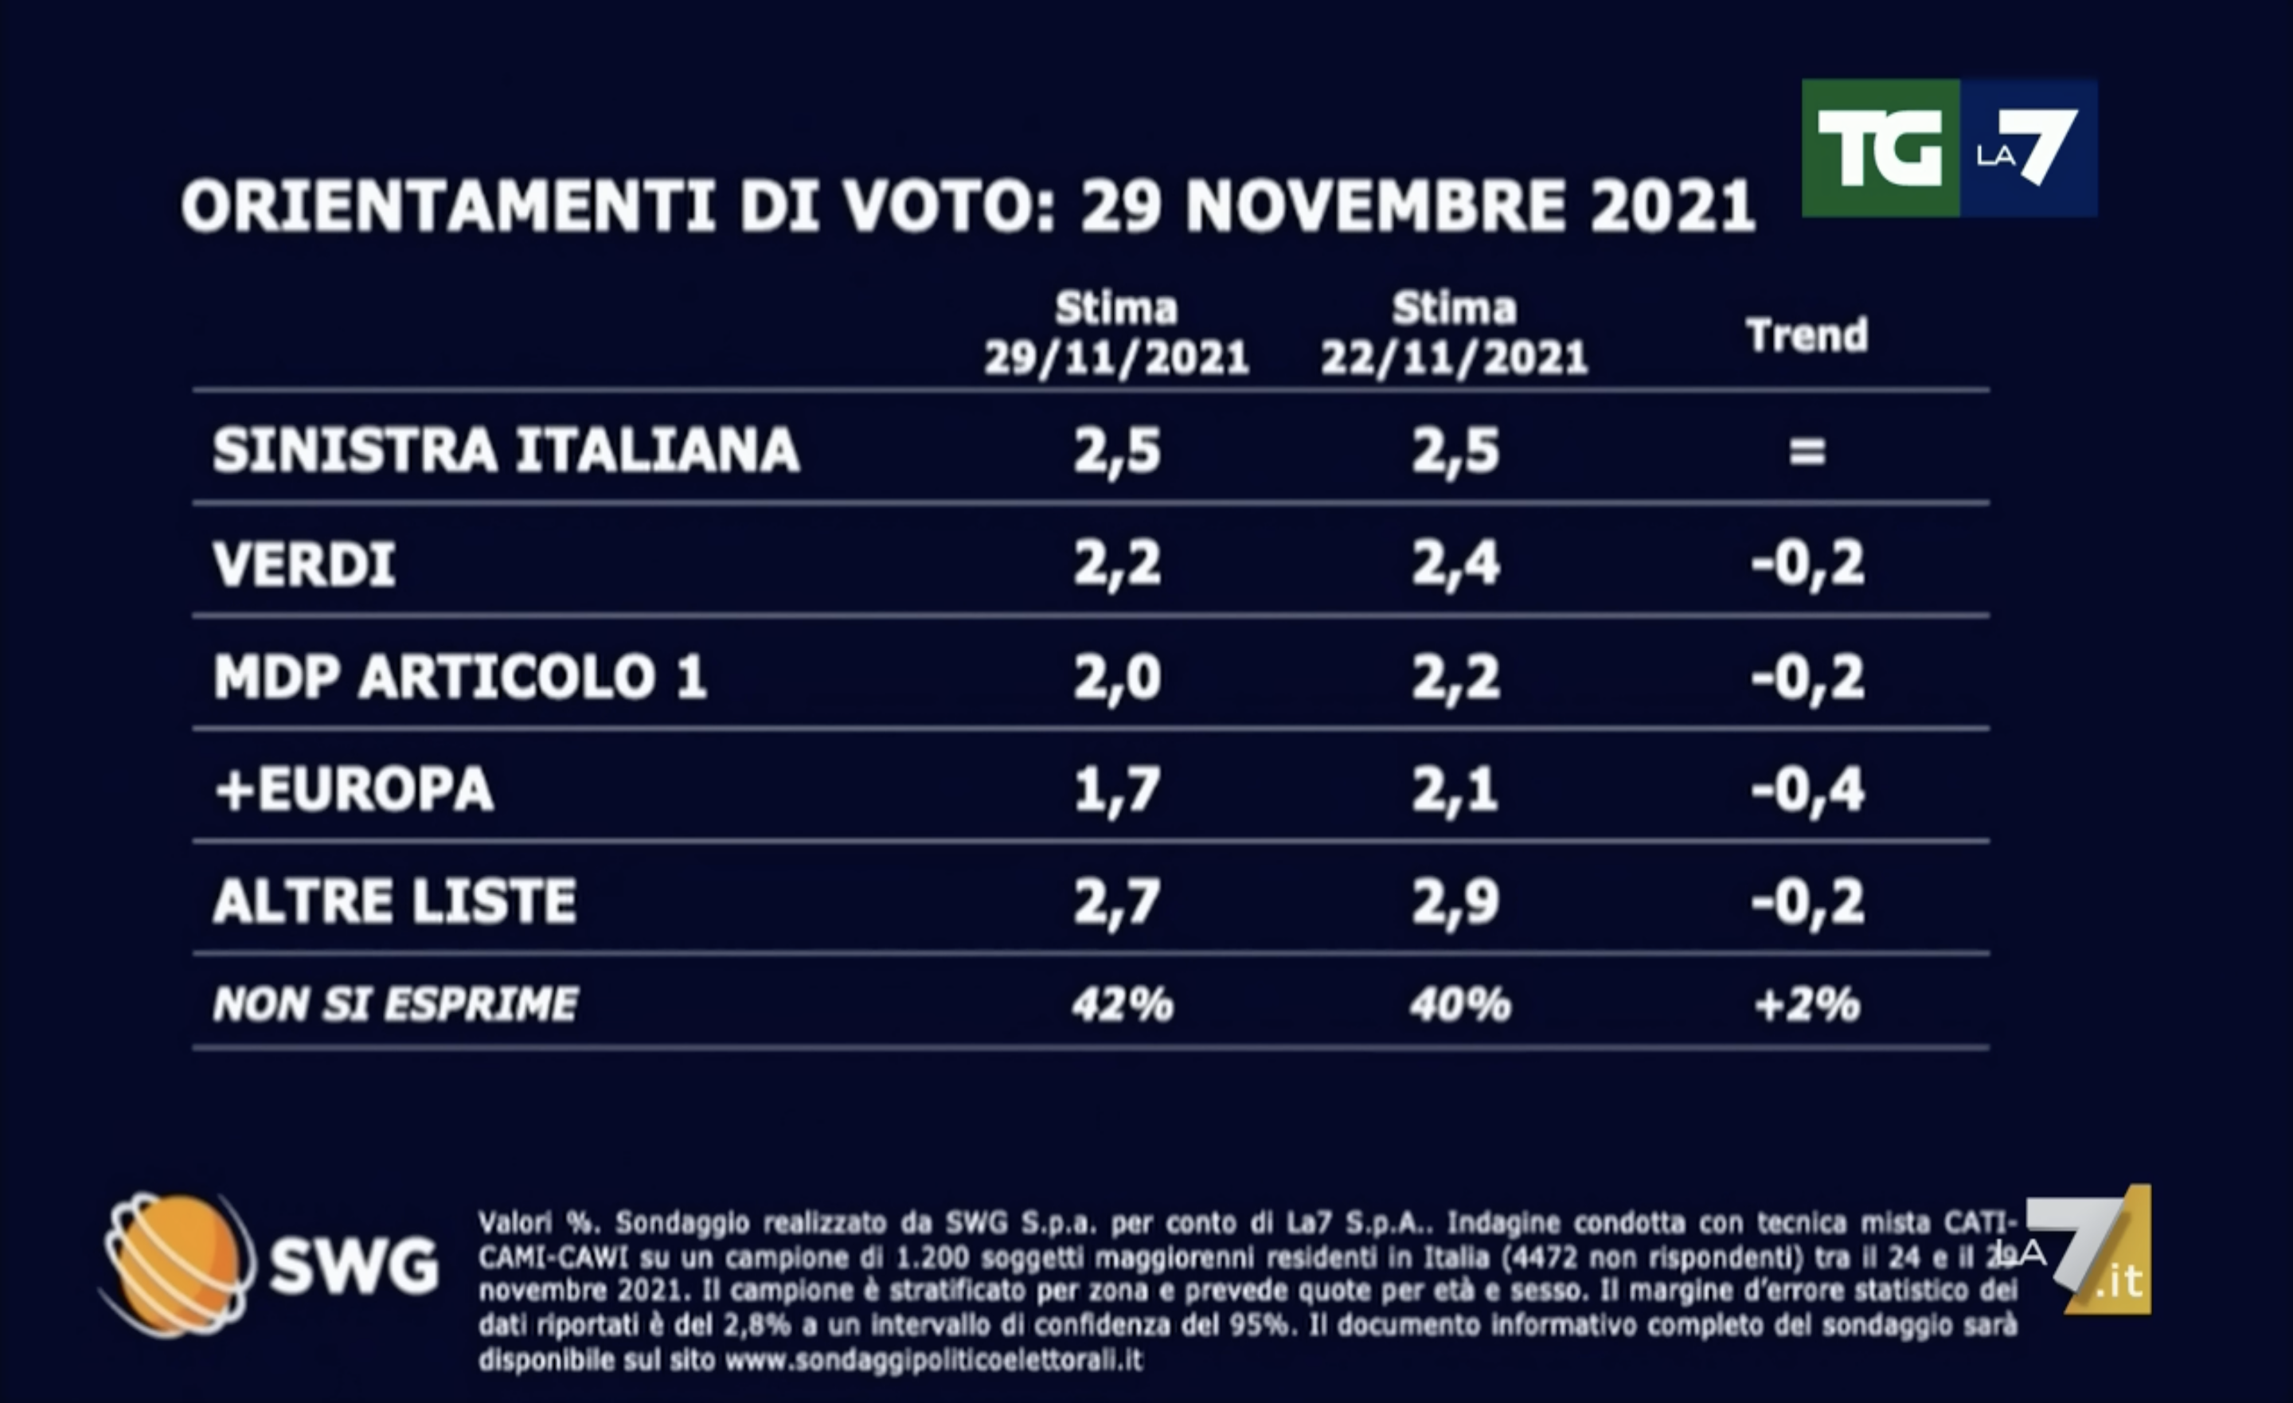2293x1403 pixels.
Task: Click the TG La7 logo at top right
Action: [x=1949, y=149]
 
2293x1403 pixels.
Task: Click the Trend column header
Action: [x=1807, y=335]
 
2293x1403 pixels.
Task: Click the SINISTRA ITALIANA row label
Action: [x=506, y=451]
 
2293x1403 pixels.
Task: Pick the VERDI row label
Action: [x=304, y=565]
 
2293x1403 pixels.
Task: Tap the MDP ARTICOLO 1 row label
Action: [x=459, y=677]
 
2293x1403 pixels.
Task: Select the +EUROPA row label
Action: [x=354, y=789]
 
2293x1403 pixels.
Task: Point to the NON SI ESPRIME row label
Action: [x=396, y=1005]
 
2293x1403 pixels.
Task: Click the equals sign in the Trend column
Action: [x=1807, y=452]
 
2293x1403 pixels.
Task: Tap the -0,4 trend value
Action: [x=1807, y=789]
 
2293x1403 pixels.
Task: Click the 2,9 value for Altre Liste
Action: [x=1455, y=901]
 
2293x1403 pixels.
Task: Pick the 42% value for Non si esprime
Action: [x=1121, y=1005]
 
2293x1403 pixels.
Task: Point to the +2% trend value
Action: [x=1807, y=1005]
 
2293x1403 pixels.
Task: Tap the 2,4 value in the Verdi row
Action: [x=1455, y=565]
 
